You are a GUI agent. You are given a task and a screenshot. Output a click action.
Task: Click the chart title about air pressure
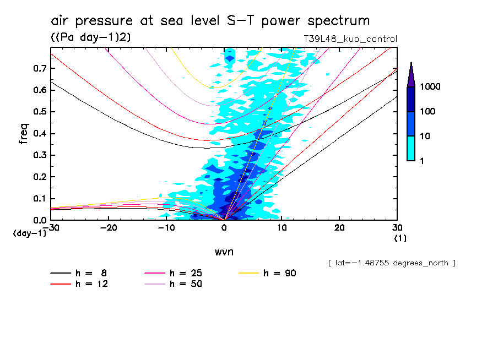[210, 21]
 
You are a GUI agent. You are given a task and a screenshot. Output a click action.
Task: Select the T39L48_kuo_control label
[350, 39]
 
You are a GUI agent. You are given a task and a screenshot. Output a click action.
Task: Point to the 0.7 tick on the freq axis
[39, 68]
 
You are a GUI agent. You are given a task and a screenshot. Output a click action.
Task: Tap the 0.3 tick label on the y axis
[39, 155]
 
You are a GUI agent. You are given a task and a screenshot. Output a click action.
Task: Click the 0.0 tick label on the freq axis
[39, 220]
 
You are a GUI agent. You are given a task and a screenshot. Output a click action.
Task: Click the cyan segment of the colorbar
[411, 148]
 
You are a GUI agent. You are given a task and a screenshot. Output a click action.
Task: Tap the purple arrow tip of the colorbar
[411, 74]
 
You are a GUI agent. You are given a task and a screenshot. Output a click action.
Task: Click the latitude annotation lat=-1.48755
[392, 263]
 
